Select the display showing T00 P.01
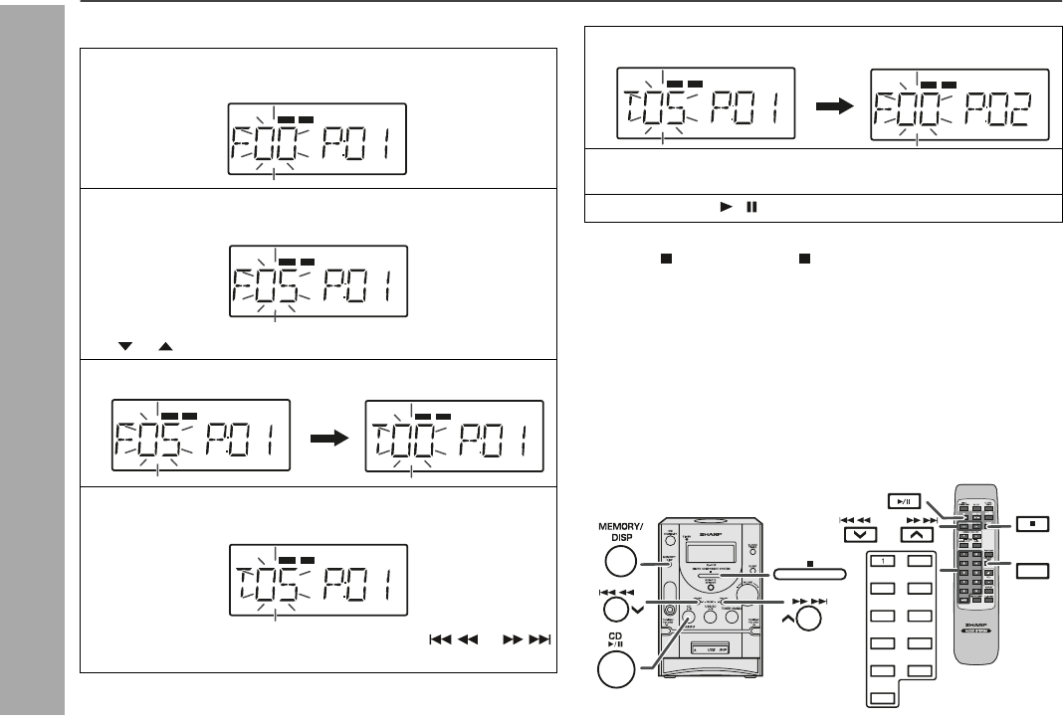click(x=456, y=436)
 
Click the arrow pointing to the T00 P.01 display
click(x=327, y=437)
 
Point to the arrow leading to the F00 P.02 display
click(x=832, y=103)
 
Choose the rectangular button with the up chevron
click(x=916, y=533)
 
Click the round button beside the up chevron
click(x=809, y=619)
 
